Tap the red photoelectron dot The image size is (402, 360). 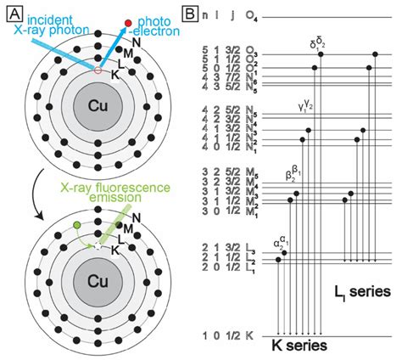click(x=128, y=20)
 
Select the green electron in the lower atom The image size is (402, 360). click(x=78, y=225)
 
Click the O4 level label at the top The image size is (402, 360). click(x=251, y=16)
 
